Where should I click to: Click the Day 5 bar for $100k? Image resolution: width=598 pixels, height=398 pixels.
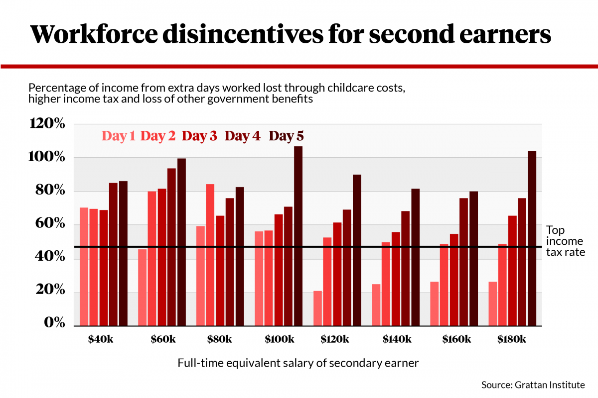tap(298, 236)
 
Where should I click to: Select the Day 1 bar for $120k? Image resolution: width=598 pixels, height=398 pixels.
tap(318, 308)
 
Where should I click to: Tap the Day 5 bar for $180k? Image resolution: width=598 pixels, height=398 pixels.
tap(532, 238)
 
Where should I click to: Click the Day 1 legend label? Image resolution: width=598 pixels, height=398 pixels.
tap(119, 136)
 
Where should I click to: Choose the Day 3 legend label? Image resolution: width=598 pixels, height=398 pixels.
tap(199, 136)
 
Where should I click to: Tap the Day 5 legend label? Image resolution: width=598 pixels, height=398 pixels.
tap(286, 136)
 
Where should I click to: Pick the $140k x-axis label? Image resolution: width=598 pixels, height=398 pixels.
tap(397, 339)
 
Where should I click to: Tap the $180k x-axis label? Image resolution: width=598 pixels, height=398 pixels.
tap(512, 339)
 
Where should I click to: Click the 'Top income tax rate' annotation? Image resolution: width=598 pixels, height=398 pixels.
tap(565, 241)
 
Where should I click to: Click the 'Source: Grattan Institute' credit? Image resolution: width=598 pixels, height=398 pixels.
tap(532, 385)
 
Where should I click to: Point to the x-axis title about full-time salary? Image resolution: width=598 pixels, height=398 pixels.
tap(298, 363)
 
